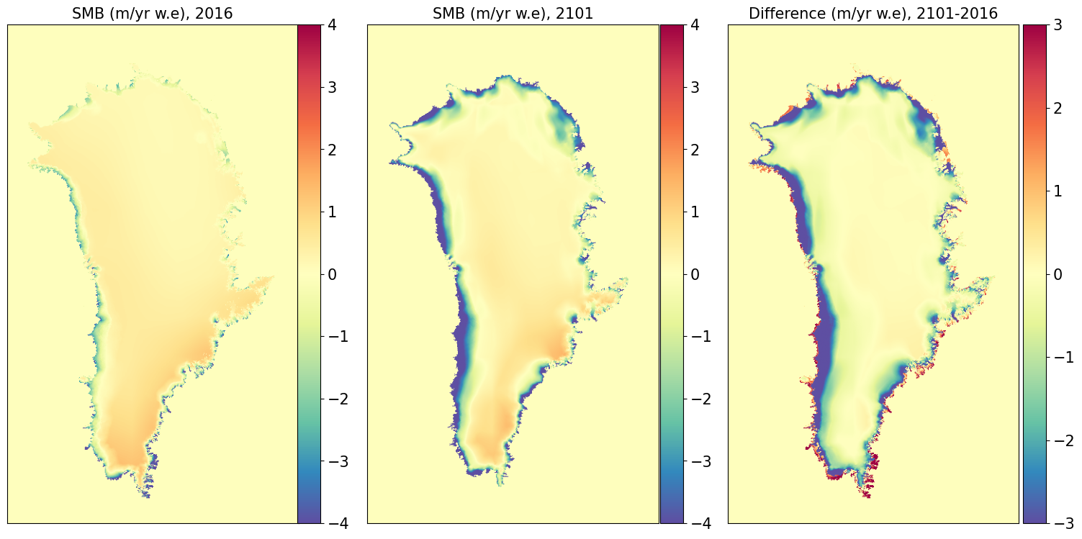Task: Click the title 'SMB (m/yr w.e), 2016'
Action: pos(152,13)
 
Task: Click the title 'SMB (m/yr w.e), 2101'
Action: pos(513,13)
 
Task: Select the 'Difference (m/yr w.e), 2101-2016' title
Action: pos(873,13)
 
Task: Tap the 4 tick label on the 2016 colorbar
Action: pos(332,24)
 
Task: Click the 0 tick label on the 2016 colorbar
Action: pos(332,274)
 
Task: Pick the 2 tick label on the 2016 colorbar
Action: pos(332,150)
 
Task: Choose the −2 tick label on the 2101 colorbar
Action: pos(700,399)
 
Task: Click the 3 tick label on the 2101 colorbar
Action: pos(695,87)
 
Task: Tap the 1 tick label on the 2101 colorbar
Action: pos(695,212)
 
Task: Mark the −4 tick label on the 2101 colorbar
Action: pos(700,524)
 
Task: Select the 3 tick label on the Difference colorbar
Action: pos(1058,24)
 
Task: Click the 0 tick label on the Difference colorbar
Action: pos(1058,274)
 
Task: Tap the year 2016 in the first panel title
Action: pos(214,13)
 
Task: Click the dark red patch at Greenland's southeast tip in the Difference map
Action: pos(873,464)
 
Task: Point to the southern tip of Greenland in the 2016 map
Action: pos(148,497)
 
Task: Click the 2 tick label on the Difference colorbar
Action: pos(1058,108)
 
